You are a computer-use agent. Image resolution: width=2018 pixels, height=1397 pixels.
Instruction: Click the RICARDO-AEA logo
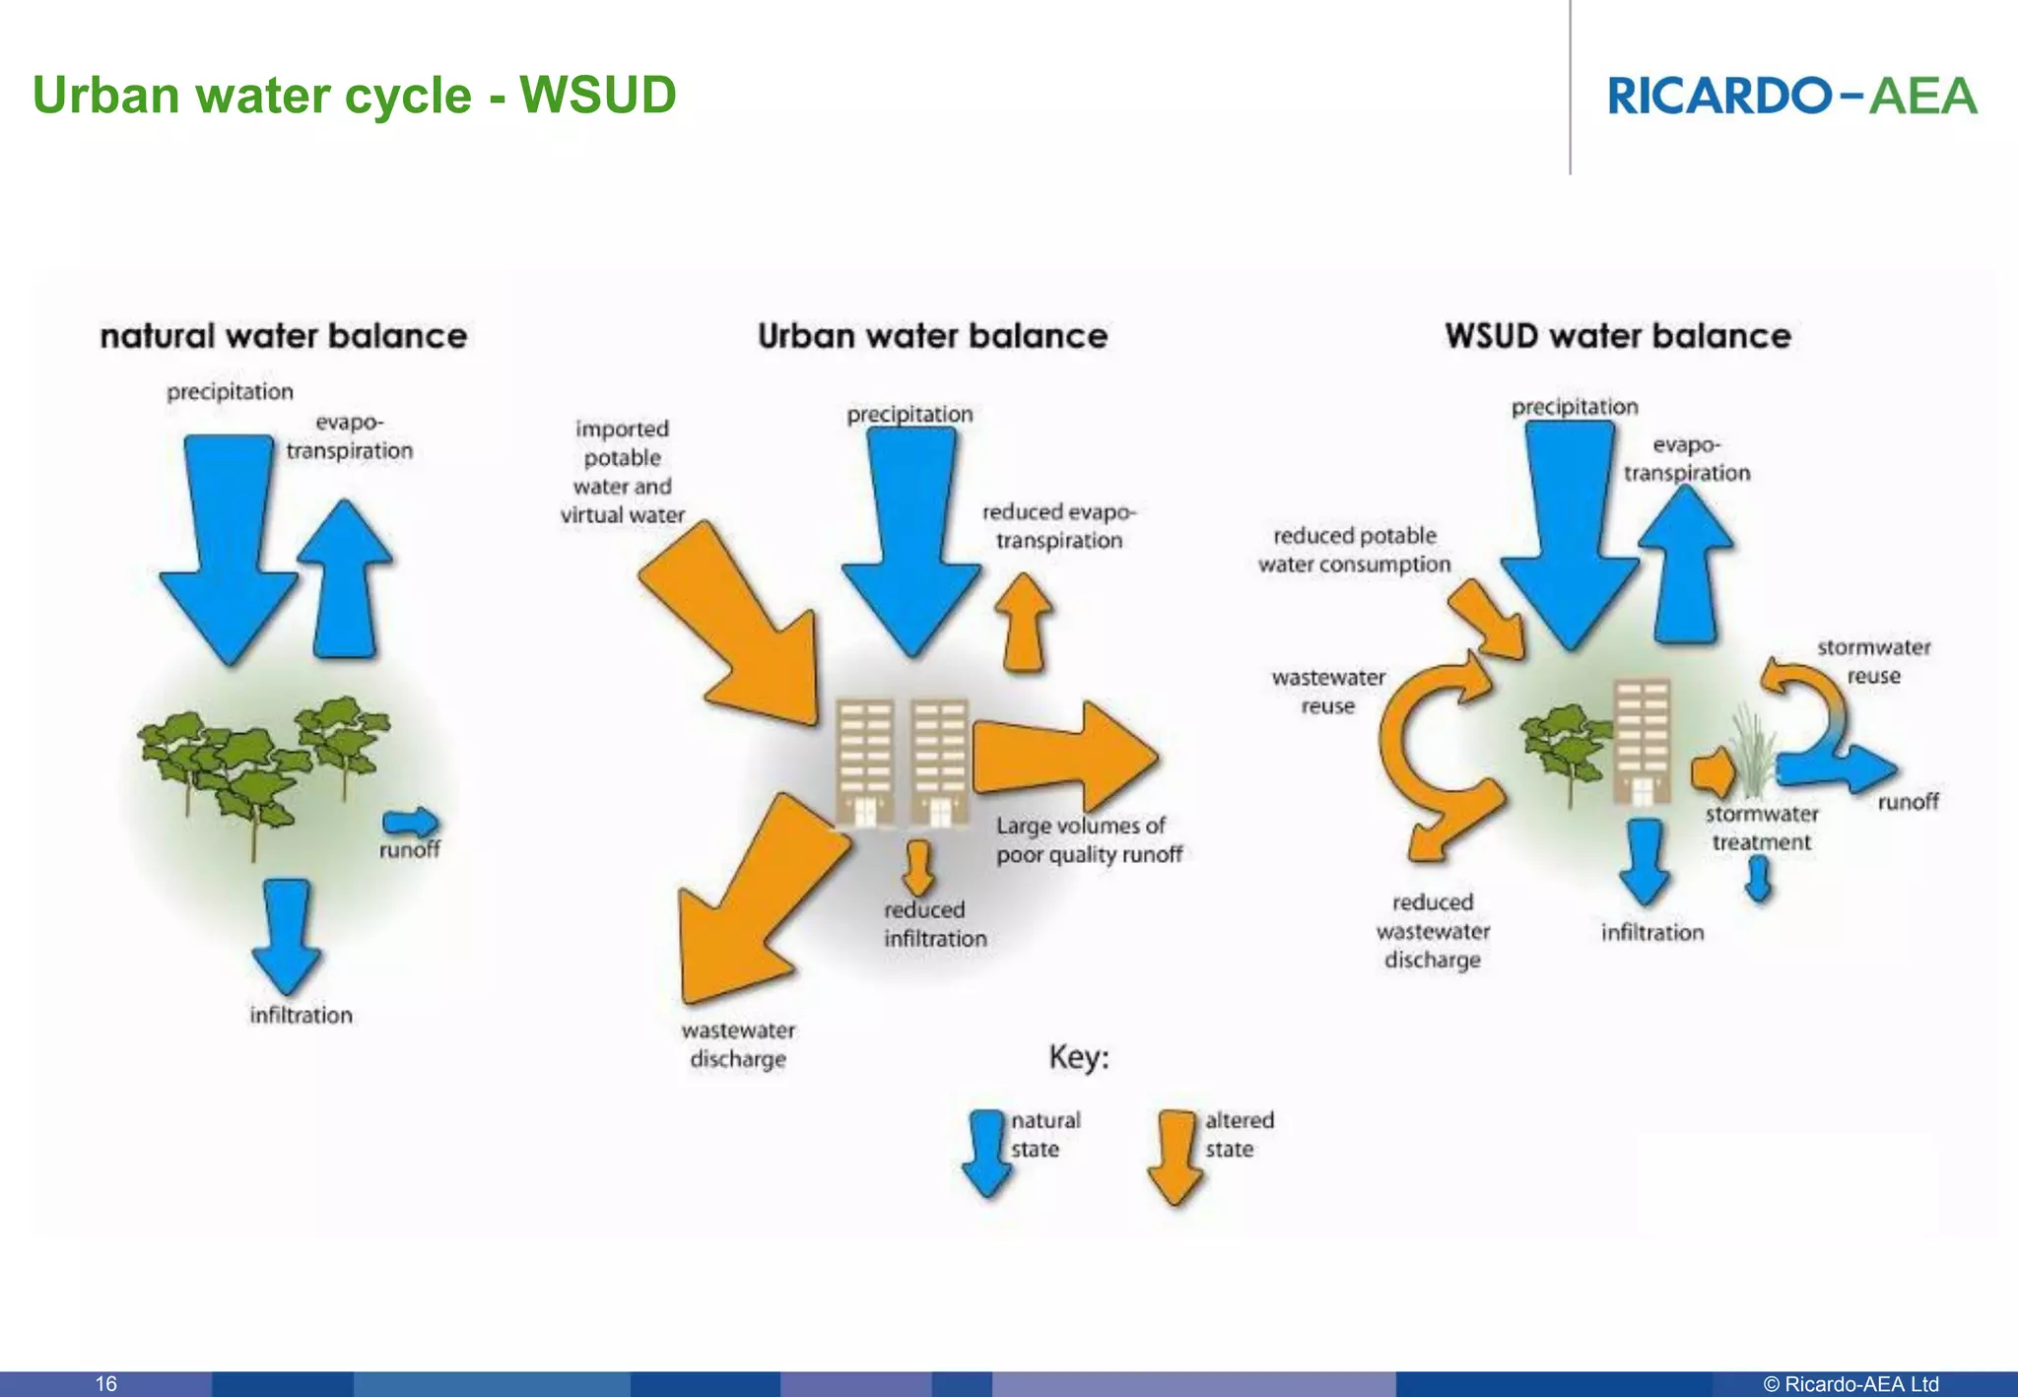click(1791, 97)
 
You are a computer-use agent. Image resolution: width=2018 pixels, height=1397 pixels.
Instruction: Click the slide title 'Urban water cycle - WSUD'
click(354, 96)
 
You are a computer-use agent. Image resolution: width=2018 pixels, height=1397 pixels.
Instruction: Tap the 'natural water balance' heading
click(283, 336)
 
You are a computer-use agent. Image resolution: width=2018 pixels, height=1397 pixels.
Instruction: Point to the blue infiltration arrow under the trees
click(287, 935)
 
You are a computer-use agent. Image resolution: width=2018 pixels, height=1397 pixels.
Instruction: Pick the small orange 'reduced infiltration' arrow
click(918, 866)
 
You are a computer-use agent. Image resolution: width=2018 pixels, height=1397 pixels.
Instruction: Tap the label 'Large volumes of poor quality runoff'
click(1088, 840)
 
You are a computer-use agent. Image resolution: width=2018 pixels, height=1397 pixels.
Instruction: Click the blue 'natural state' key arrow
click(986, 1154)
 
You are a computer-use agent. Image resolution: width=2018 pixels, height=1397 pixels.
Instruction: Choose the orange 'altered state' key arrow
click(1176, 1158)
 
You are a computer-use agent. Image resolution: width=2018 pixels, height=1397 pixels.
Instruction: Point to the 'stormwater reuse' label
click(1873, 661)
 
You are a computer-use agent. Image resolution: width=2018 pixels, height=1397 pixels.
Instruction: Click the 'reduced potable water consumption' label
click(1354, 550)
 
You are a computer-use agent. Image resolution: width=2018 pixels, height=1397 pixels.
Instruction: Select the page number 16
click(105, 1383)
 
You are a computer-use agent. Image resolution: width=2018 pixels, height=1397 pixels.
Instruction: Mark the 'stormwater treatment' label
click(1761, 828)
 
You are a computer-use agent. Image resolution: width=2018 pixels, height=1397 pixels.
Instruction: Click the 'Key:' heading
click(1079, 1057)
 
